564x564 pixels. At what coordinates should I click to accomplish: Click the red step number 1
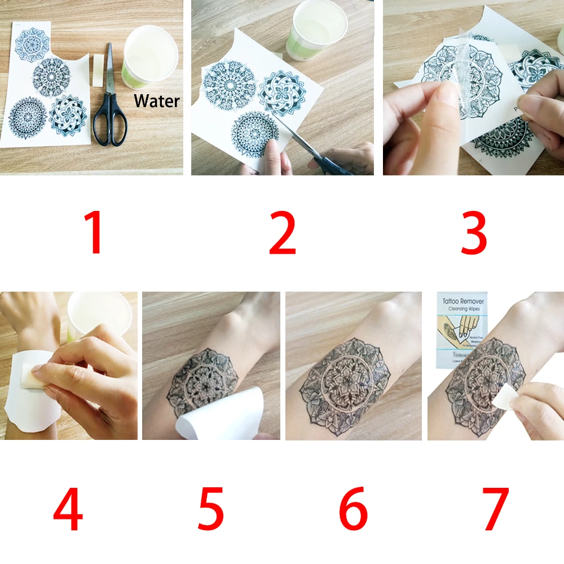pos(94,233)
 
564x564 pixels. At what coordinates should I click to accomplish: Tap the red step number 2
pos(282,233)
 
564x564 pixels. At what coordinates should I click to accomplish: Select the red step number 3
pos(474,233)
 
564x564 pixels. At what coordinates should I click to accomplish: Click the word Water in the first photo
pos(157,101)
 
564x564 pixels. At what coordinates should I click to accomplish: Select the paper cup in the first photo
pos(150,56)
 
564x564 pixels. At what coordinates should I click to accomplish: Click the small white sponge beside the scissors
pos(98,70)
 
